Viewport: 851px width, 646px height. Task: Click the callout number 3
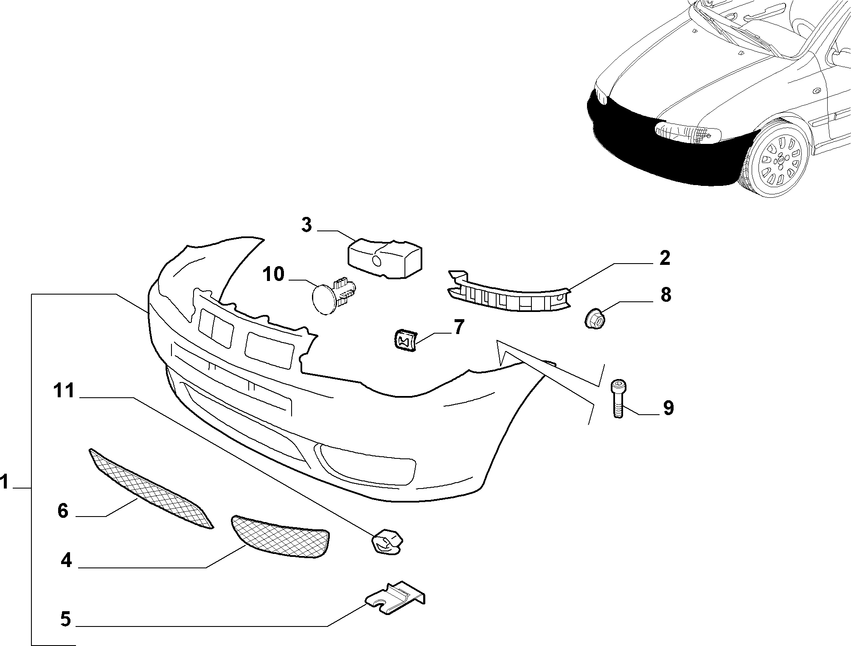(x=306, y=225)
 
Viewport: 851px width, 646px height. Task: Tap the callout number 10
(x=273, y=274)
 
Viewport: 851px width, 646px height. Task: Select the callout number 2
(x=665, y=258)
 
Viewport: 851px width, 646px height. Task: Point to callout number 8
(x=666, y=295)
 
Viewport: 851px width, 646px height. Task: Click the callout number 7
(x=459, y=327)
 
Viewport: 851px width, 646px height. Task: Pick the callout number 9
(x=668, y=408)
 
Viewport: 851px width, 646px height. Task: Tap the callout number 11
(x=64, y=390)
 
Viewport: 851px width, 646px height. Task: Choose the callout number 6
(x=63, y=511)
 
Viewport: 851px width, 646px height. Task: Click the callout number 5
(x=65, y=619)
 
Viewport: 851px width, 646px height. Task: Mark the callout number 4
(x=66, y=561)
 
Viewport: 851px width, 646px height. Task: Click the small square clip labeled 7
(x=405, y=339)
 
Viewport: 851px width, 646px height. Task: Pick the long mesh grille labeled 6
(x=152, y=489)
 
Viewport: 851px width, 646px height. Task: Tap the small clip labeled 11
(x=387, y=541)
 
